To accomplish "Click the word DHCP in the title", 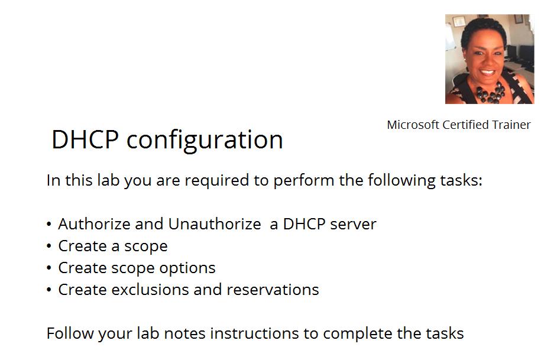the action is click(x=85, y=140).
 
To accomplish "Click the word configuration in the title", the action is click(x=205, y=141).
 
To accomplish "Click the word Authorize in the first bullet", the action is click(x=95, y=224).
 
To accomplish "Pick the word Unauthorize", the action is click(x=215, y=224).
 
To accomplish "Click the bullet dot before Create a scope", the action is click(x=49, y=246).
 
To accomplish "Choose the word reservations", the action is click(x=273, y=290).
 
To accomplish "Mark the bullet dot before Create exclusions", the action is click(x=49, y=290).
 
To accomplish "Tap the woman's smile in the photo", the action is click(x=488, y=73).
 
